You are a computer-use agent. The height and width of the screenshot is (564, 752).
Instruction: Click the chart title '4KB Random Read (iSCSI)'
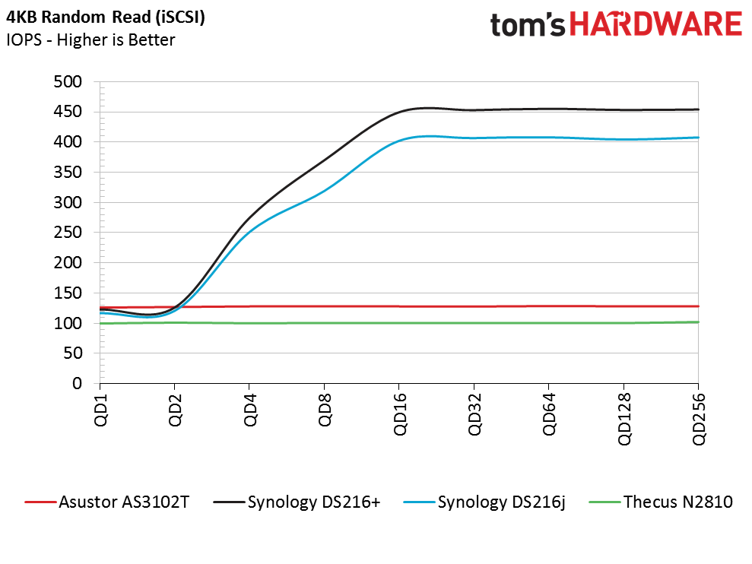[106, 17]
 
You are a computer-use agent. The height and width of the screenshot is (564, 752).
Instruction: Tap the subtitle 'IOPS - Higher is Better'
[90, 40]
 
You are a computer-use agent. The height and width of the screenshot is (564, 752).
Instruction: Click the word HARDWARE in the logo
[656, 25]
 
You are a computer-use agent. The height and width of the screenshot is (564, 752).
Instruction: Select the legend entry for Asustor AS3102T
[107, 502]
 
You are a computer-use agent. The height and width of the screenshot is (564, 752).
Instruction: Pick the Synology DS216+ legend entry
[297, 502]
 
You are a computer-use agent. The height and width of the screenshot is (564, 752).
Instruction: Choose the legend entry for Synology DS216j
[484, 502]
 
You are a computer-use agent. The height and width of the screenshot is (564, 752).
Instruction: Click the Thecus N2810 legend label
[661, 502]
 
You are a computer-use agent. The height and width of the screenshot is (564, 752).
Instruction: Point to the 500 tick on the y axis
[68, 81]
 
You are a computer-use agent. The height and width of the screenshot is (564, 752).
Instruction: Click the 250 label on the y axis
[68, 233]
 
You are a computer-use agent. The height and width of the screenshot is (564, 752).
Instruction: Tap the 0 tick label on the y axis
[78, 384]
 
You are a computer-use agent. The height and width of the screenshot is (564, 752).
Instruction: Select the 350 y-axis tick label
[68, 173]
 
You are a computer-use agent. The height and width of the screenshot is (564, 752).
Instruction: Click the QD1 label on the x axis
[100, 410]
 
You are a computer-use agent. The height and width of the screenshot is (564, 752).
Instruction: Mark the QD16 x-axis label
[400, 414]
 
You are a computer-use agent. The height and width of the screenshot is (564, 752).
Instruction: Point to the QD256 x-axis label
[699, 419]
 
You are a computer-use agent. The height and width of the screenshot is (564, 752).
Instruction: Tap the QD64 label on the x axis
[549, 414]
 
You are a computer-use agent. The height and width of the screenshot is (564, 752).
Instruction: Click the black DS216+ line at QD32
[474, 110]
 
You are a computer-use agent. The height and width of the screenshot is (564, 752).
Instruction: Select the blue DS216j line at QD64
[549, 138]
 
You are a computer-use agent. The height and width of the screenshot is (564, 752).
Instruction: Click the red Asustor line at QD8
[324, 306]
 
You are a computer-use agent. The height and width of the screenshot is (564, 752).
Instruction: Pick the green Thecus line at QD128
[623, 323]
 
